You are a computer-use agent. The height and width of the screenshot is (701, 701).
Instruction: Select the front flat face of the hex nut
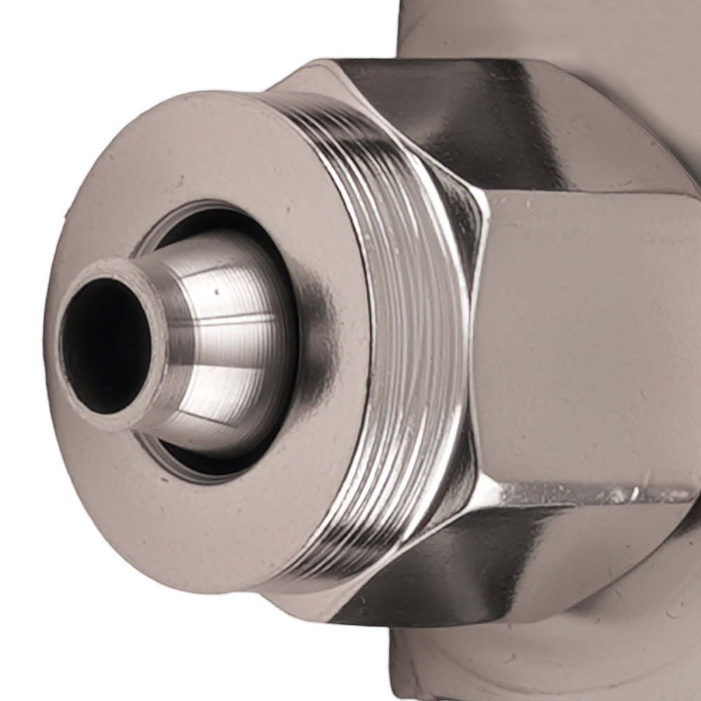click(589, 336)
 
